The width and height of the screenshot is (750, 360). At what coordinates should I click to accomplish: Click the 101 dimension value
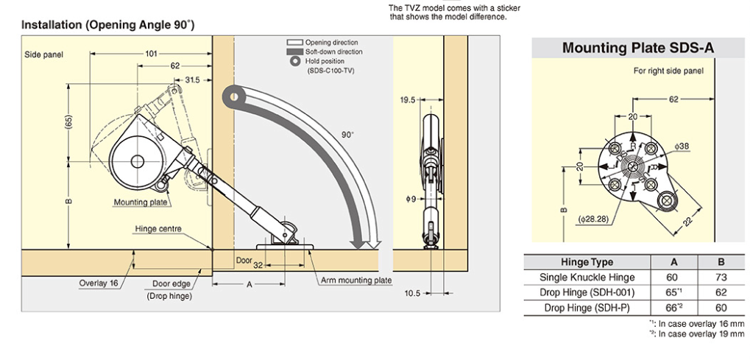tap(150, 53)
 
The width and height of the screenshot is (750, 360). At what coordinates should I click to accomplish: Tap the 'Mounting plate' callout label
tap(140, 202)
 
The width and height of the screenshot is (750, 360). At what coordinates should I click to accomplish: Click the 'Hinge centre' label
tap(158, 229)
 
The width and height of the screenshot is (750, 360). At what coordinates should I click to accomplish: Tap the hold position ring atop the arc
tap(233, 96)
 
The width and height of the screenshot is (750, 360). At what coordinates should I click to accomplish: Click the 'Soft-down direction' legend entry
tap(333, 52)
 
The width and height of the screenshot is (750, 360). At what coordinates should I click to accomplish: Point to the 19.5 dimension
tap(408, 99)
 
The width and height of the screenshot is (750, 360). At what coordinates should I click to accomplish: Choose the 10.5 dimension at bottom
tap(413, 293)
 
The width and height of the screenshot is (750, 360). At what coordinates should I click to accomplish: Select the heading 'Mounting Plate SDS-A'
tap(637, 49)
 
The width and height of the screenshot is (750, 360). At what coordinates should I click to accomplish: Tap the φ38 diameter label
tap(683, 147)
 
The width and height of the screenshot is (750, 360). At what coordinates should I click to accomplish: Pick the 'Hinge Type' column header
tap(587, 262)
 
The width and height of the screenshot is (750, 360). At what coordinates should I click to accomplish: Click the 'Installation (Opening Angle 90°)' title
tap(107, 25)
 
